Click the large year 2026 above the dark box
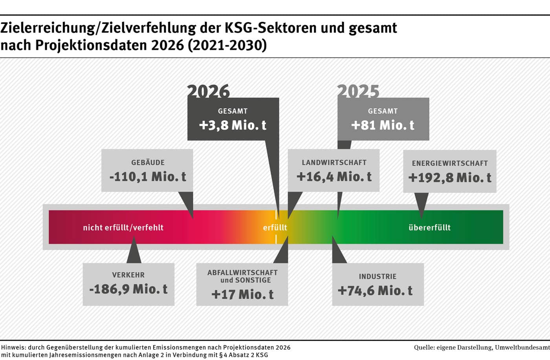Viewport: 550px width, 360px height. coord(208,91)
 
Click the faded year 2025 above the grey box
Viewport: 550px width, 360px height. coord(358,91)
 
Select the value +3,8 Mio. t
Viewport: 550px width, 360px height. coord(233,125)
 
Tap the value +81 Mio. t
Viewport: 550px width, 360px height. coord(383,125)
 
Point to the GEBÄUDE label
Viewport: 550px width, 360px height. coord(148,163)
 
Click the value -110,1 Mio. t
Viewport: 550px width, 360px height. coord(148,177)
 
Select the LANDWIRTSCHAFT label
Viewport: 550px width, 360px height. coord(334,163)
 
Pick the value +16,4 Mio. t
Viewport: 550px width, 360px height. coord(334,177)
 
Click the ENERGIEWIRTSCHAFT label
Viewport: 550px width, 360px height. coord(450,163)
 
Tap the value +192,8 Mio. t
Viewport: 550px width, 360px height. coord(450,178)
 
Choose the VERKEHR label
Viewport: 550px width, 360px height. coord(128,275)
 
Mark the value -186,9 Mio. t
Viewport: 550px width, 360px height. coord(128,289)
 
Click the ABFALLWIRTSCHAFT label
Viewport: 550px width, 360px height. coord(242,272)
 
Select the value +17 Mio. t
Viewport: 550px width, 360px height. coord(242,294)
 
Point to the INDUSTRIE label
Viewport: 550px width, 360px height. coord(378,276)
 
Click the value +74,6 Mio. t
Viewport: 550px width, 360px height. coord(375,291)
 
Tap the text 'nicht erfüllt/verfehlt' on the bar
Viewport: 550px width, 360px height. coord(123,227)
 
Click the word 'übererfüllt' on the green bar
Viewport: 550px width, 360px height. coord(429,227)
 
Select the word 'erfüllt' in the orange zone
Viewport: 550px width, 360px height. coord(275,227)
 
